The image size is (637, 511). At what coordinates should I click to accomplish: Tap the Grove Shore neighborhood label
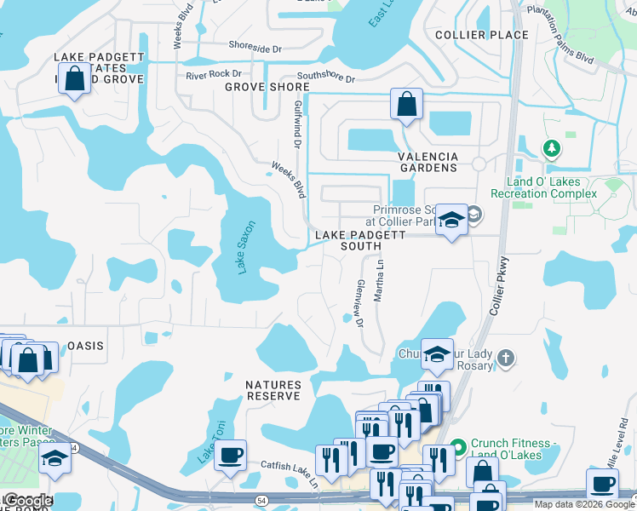click(x=267, y=87)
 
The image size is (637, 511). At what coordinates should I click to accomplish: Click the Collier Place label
click(x=481, y=35)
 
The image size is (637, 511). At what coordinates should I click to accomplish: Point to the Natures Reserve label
click(x=273, y=391)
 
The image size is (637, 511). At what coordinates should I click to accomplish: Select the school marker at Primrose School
click(x=450, y=220)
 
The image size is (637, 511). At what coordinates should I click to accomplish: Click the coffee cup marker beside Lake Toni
click(x=229, y=456)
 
